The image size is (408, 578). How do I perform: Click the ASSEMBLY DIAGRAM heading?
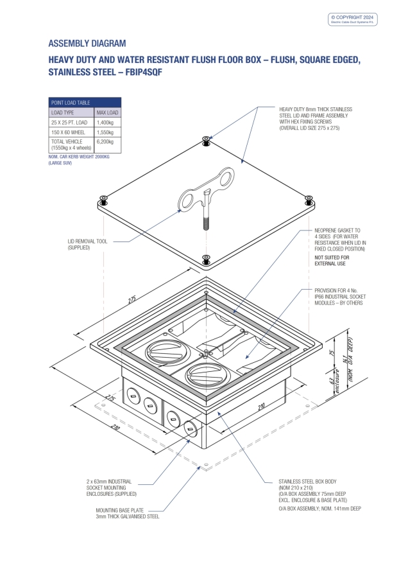pos(87,44)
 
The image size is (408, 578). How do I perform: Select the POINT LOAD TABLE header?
pos(71,102)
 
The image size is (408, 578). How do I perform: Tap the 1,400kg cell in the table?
pos(105,121)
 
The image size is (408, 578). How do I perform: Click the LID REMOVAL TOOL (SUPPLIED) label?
pos(87,244)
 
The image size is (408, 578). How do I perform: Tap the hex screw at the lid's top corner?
pos(204,139)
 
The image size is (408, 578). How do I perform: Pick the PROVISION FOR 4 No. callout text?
pos(339,297)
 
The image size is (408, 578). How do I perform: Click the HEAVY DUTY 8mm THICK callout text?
pos(315,119)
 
